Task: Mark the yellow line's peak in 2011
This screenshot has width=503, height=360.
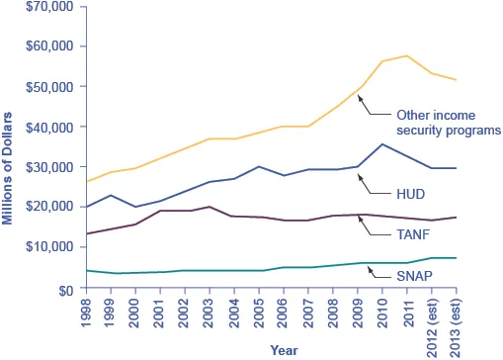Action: point(406,55)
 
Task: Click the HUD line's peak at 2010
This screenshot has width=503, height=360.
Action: point(381,144)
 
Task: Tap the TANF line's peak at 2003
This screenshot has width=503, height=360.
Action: point(209,207)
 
